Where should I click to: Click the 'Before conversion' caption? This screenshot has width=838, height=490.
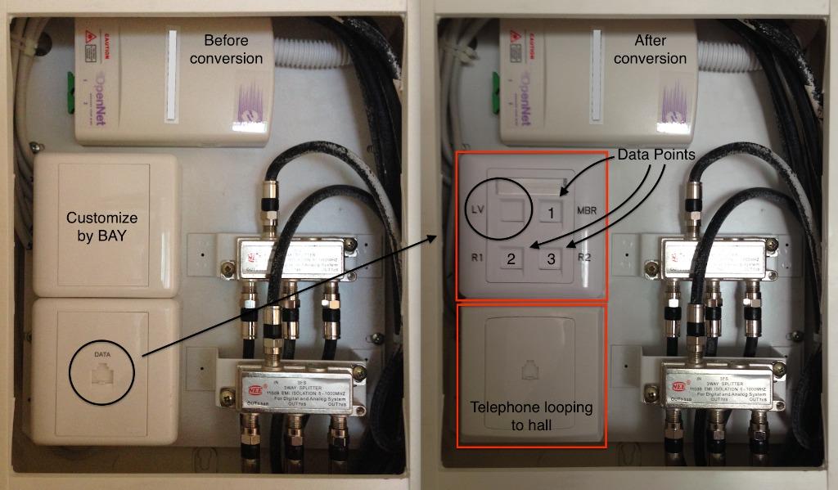pyautogui.click(x=233, y=49)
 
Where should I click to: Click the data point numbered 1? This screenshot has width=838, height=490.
pyautogui.click(x=552, y=213)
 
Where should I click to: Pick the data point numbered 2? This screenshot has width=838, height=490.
pyautogui.click(x=511, y=259)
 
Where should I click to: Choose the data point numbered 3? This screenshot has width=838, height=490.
pyautogui.click(x=552, y=259)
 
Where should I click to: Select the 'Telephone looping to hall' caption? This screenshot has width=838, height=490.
pyautogui.click(x=531, y=415)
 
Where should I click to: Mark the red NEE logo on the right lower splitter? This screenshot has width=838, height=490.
pyautogui.click(x=678, y=384)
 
